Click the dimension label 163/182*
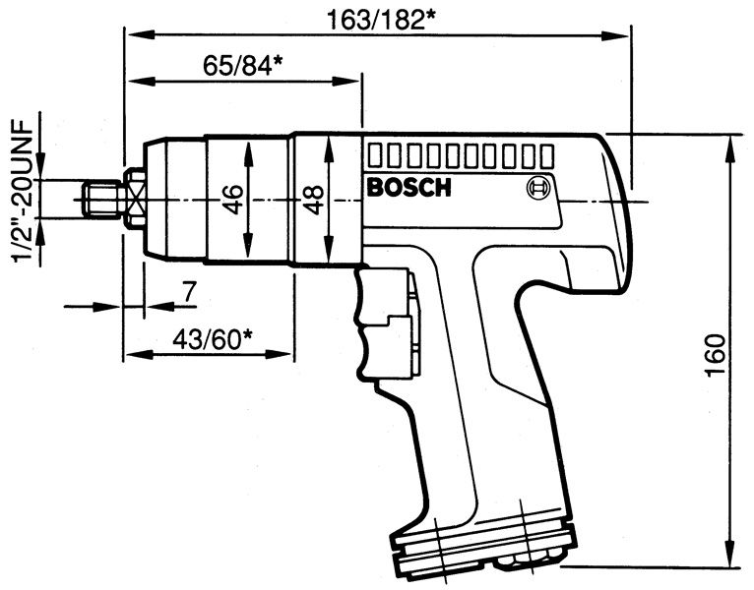[377, 17]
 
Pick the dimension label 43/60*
[213, 338]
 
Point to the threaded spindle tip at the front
[100, 200]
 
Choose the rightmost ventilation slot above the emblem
[547, 155]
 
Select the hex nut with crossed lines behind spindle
[134, 200]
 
